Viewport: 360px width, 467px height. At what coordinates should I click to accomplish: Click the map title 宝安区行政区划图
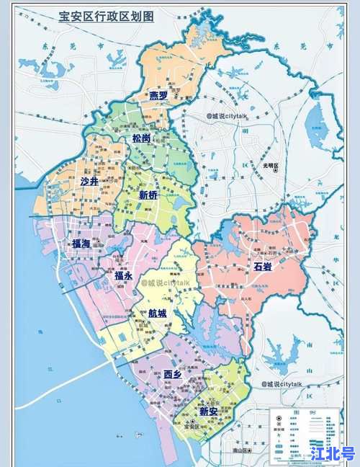point(106,17)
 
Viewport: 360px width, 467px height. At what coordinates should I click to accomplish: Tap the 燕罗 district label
point(158,96)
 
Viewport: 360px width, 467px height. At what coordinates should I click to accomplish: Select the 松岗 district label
point(141,138)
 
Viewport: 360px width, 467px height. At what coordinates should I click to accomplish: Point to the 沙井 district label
point(91,182)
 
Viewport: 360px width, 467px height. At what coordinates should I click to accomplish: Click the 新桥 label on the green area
point(148,195)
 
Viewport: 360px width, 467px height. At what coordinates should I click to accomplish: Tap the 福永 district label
point(123,275)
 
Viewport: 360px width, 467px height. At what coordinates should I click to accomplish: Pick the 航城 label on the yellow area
point(158,313)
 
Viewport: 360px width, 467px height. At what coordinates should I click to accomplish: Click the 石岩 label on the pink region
point(264,267)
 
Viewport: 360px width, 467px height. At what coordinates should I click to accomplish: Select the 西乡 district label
point(173,373)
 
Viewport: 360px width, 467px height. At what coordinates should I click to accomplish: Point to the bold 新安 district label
point(209,411)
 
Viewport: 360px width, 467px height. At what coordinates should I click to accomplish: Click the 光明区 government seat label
point(271,165)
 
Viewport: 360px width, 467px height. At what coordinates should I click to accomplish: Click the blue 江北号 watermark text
point(333,453)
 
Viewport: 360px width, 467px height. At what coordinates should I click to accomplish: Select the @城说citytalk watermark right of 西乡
point(283,384)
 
